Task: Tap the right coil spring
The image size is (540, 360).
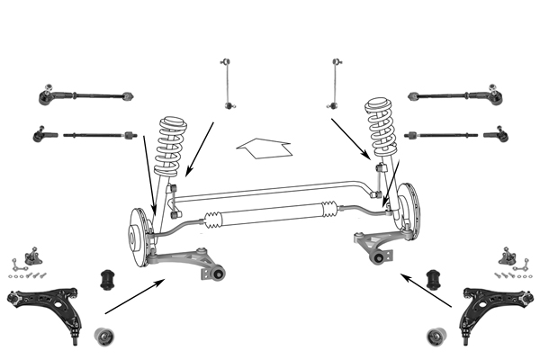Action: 381,130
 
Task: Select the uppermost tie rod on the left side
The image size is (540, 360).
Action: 85,94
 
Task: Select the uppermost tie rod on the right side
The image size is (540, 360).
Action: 454,94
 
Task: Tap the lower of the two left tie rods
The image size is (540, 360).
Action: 85,136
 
